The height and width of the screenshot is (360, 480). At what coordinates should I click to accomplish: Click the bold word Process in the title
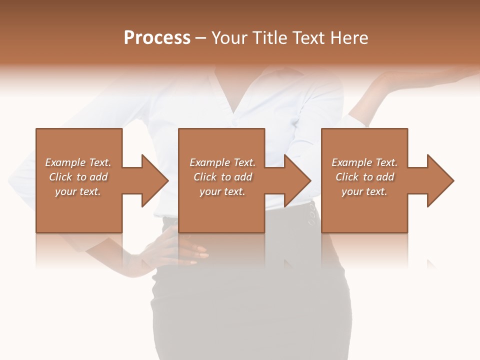pyautogui.click(x=157, y=38)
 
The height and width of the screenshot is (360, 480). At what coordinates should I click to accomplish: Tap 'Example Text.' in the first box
pyautogui.click(x=78, y=162)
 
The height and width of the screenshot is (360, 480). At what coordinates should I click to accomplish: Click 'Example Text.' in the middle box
pyautogui.click(x=222, y=162)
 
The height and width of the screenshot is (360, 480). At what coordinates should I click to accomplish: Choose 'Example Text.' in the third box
pyautogui.click(x=364, y=162)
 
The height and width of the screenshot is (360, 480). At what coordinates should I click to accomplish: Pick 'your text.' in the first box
pyautogui.click(x=78, y=191)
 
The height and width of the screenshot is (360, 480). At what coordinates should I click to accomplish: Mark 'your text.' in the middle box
pyautogui.click(x=222, y=191)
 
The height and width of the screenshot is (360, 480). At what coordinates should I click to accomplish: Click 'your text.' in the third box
pyautogui.click(x=364, y=191)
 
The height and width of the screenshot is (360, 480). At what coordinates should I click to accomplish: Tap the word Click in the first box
pyautogui.click(x=60, y=177)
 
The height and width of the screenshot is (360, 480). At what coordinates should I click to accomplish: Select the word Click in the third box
pyautogui.click(x=347, y=177)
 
